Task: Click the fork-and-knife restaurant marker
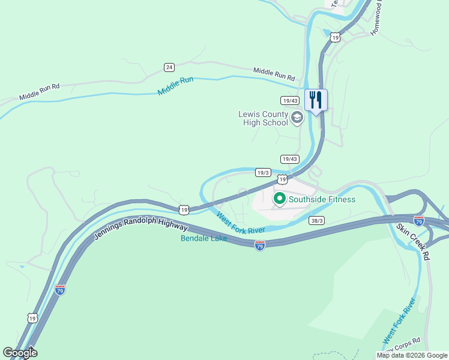point(316,100)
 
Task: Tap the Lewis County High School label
point(263,118)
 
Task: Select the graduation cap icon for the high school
point(297,118)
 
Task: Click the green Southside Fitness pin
point(279,199)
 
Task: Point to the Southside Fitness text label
point(322,200)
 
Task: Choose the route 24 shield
point(170,67)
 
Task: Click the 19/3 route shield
point(263,172)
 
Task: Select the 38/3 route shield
point(316,221)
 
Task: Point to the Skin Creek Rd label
point(414,242)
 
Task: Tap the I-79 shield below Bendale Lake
point(259,246)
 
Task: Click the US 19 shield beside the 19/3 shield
point(282,179)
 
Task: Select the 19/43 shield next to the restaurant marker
point(289,100)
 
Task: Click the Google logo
point(20,352)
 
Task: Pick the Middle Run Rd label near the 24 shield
point(274,74)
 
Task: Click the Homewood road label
point(376,19)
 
